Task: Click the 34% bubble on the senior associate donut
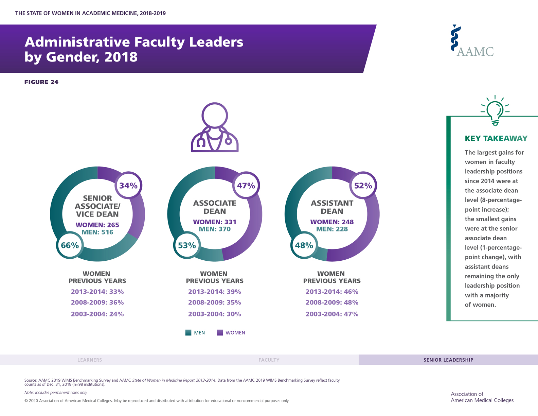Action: (x=128, y=185)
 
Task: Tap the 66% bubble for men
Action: (x=70, y=245)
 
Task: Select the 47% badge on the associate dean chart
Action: (x=246, y=185)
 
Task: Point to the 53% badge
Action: (x=187, y=245)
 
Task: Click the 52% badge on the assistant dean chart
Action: (x=363, y=185)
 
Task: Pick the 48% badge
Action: (x=304, y=245)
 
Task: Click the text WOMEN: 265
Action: (x=97, y=225)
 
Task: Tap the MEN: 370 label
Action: (x=215, y=229)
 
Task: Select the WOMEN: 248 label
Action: (x=332, y=222)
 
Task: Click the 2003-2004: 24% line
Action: (x=97, y=314)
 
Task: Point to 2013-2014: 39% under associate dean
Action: (x=214, y=292)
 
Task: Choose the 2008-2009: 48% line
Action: (x=332, y=302)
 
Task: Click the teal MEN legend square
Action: (x=188, y=332)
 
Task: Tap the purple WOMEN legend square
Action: (x=220, y=332)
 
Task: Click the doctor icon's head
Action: (x=215, y=116)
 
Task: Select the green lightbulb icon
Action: (x=495, y=110)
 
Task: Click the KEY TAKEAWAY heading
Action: (x=496, y=138)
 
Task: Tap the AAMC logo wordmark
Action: (x=475, y=52)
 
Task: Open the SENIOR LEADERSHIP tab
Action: (x=448, y=360)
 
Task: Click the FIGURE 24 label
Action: (x=41, y=82)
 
